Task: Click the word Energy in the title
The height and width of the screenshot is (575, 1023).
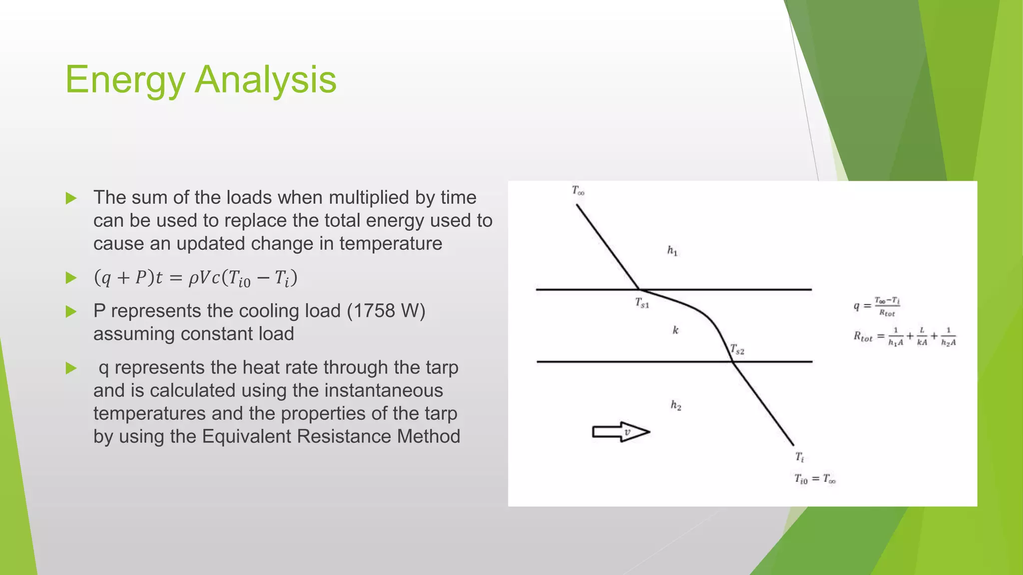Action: click(x=125, y=80)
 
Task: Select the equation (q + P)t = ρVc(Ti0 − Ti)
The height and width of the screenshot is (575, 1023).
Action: click(x=195, y=278)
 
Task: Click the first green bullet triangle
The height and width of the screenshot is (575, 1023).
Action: click(x=71, y=198)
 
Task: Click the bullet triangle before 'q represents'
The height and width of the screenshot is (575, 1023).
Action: click(x=71, y=368)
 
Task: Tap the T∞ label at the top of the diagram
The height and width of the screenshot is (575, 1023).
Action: click(x=578, y=190)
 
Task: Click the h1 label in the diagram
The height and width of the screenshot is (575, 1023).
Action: click(x=672, y=251)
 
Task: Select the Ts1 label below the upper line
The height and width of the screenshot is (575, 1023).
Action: click(x=642, y=302)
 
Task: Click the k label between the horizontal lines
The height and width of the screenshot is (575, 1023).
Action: click(x=675, y=330)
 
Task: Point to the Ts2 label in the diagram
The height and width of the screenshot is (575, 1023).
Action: click(x=737, y=349)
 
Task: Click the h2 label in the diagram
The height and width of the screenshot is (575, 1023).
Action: click(x=676, y=405)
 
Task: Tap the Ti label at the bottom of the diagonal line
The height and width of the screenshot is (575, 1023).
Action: click(x=799, y=457)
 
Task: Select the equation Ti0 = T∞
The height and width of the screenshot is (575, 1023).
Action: click(x=815, y=479)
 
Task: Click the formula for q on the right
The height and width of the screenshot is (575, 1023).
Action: click(x=877, y=306)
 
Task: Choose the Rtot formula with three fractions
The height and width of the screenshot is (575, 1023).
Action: click(x=905, y=337)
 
